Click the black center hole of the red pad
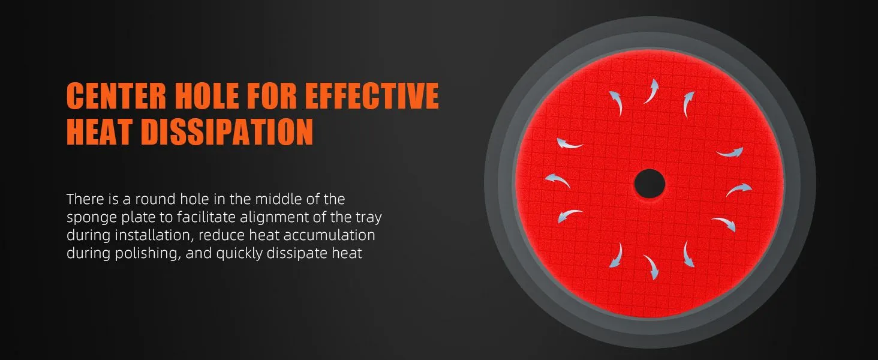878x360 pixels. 650,184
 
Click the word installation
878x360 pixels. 155,235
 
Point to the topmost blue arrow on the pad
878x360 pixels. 651,91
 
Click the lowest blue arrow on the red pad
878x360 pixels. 651,267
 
